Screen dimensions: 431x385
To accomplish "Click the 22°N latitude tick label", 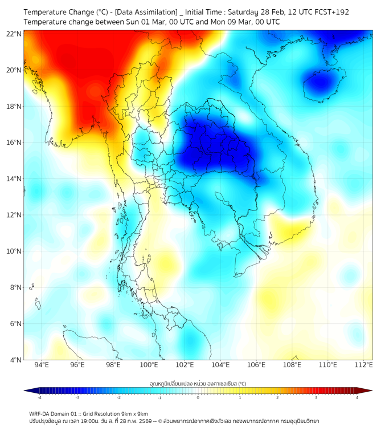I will click(x=14, y=34).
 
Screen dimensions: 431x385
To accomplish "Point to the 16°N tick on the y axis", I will click(x=14, y=143).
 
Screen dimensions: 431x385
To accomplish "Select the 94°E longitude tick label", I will click(x=42, y=365).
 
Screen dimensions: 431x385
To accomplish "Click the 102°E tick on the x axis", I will click(x=185, y=365).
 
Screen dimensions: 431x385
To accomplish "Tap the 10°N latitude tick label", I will click(x=14, y=251).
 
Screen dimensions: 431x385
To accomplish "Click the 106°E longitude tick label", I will click(x=256, y=365).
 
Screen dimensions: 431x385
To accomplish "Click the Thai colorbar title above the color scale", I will click(x=198, y=384).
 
